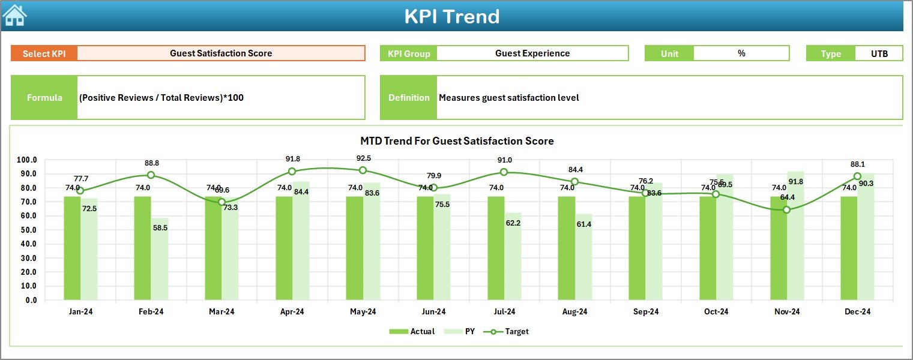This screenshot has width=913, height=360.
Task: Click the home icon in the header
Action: point(14,15)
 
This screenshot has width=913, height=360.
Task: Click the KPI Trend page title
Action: point(451,16)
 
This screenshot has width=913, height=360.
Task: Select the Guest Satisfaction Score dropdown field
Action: point(221,53)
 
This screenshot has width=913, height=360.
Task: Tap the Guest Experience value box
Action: point(532,53)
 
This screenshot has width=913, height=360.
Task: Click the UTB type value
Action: point(879,53)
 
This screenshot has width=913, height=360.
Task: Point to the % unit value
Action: point(741,53)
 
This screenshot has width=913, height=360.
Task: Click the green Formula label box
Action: point(44,98)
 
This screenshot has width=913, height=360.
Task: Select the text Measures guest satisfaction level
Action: point(508,98)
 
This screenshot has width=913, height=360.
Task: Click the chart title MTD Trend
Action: point(457,141)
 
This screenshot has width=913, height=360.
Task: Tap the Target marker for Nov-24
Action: point(786,210)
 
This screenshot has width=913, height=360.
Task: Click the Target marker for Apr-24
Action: point(292,172)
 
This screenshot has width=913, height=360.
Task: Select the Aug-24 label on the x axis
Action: point(574,312)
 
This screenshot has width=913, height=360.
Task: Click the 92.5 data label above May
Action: point(363,158)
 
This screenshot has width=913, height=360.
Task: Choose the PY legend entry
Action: point(463,331)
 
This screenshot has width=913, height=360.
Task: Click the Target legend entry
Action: point(510,331)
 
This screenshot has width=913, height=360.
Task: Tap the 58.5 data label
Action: point(160,229)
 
